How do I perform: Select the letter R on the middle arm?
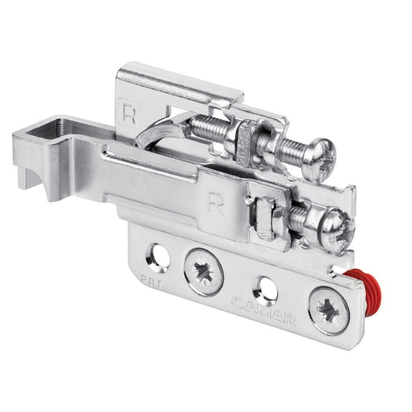tap(215, 203)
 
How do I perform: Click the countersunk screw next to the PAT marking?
tap(204, 272)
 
